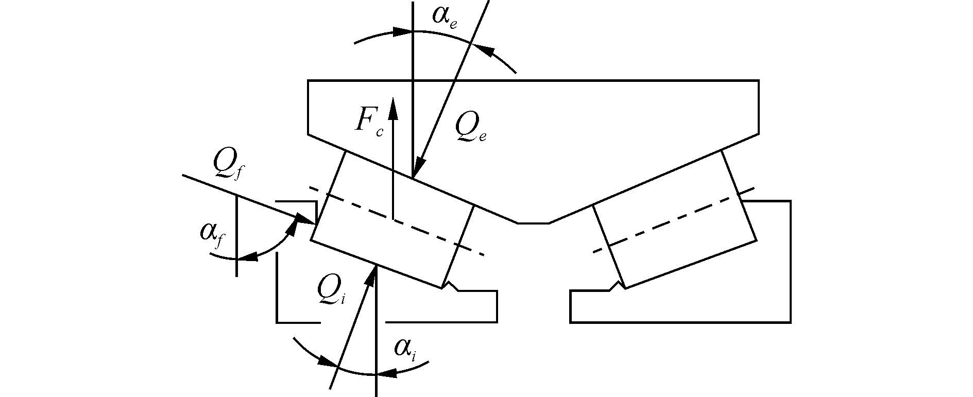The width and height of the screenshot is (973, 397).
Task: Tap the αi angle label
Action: (x=405, y=350)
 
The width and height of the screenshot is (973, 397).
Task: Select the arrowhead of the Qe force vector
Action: (x=418, y=170)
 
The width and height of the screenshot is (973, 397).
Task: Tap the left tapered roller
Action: (x=391, y=219)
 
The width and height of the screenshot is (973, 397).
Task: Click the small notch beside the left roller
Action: (x=451, y=285)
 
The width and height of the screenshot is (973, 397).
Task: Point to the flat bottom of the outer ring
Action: (x=533, y=223)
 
